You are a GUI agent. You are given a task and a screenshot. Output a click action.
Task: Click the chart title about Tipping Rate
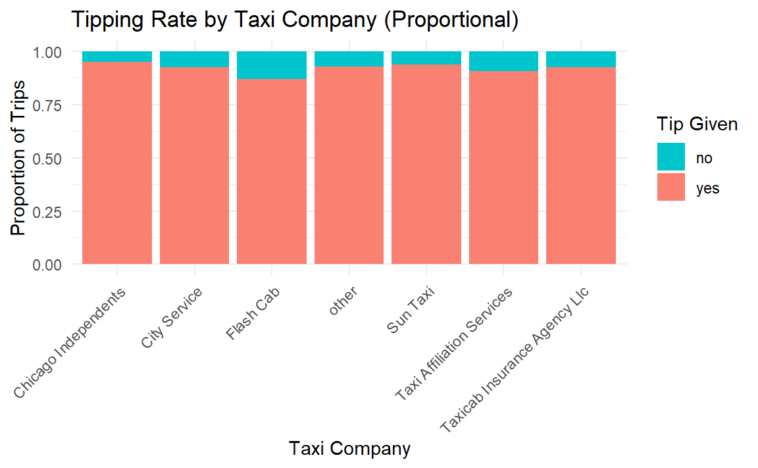click(x=295, y=20)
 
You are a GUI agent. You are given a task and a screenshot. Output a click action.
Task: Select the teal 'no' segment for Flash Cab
click(x=272, y=65)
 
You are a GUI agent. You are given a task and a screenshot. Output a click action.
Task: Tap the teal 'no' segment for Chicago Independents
click(x=117, y=57)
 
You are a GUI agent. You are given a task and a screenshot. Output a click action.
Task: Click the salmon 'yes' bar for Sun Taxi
click(x=426, y=165)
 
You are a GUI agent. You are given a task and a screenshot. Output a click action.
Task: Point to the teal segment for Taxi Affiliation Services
click(x=504, y=61)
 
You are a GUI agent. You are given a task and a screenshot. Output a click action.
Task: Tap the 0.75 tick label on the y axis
click(x=47, y=105)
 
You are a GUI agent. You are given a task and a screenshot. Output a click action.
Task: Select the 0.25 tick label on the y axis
click(x=47, y=211)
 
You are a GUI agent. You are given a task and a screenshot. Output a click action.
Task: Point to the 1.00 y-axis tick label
click(x=47, y=51)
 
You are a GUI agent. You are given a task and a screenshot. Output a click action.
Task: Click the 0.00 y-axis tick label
click(x=47, y=265)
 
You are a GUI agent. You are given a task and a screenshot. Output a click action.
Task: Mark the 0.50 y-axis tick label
click(x=47, y=158)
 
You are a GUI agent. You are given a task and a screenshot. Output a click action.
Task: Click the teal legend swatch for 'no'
click(x=670, y=157)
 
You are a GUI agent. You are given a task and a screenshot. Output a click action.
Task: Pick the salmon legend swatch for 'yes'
click(x=670, y=188)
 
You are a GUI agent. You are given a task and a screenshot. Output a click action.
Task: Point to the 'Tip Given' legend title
click(x=696, y=124)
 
